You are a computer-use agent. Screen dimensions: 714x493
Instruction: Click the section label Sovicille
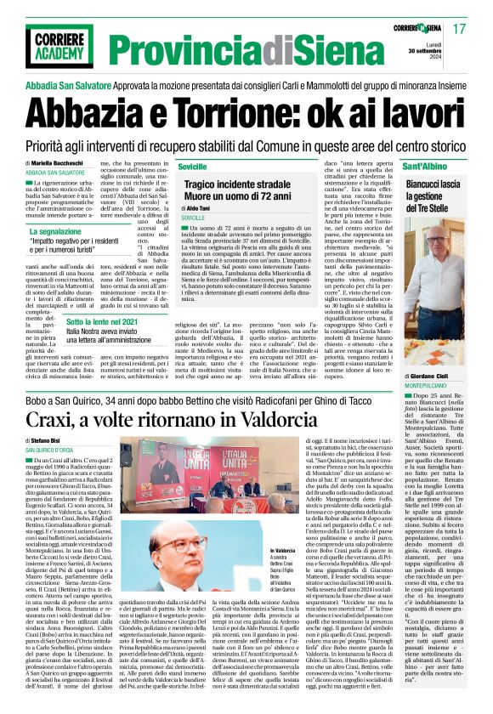point(193,167)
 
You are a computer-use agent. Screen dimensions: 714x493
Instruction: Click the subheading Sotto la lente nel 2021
point(72,323)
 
